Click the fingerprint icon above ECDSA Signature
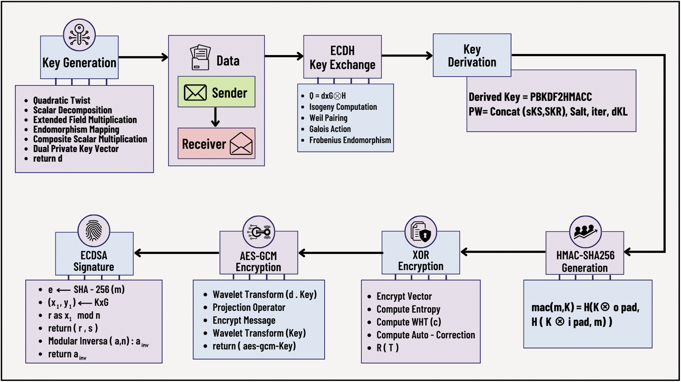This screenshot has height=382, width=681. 94,231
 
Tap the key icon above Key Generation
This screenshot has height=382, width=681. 79,35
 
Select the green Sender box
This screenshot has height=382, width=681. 216,92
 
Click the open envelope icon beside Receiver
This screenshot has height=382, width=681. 241,144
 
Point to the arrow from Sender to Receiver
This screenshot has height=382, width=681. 215,117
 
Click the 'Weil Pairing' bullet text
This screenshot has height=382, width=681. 328,118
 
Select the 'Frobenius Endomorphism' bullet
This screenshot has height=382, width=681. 350,140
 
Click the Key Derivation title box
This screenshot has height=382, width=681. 472,55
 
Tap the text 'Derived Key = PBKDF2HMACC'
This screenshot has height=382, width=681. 530,97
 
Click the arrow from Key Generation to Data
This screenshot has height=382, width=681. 143,57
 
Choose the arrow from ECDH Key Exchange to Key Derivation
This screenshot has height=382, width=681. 407,55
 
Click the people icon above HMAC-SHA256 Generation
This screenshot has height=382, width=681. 585,232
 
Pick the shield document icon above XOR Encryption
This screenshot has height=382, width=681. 421,232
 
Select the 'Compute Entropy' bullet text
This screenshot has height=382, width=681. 408,309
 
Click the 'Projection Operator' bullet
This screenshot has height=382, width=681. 248,307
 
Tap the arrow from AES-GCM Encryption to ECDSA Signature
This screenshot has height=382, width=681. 176,253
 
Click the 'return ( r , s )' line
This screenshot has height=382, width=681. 73,328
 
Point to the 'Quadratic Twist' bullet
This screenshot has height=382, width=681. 61,100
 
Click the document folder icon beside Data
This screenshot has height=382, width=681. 200,57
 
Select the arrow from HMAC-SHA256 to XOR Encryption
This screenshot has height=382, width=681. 503,252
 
